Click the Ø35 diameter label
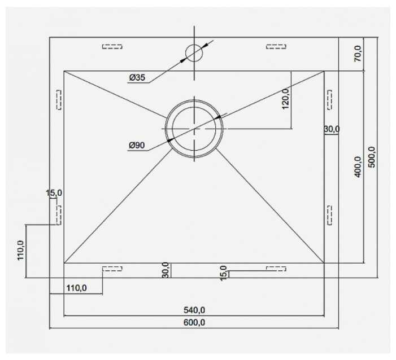pyautogui.click(x=137, y=77)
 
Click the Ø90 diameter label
pyautogui.click(x=137, y=145)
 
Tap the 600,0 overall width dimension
pyautogui.click(x=194, y=322)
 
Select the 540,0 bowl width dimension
pyautogui.click(x=194, y=310)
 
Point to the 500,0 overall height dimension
pyautogui.click(x=372, y=157)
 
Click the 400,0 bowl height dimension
pyautogui.click(x=358, y=167)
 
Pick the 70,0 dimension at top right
pyautogui.click(x=358, y=54)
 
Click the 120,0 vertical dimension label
pyautogui.click(x=285, y=99)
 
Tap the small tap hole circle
pyautogui.click(x=194, y=53)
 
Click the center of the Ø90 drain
pyautogui.click(x=194, y=129)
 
